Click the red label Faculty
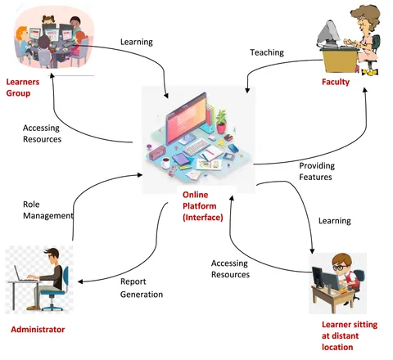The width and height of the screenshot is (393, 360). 336,82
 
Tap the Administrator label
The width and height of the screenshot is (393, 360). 38,330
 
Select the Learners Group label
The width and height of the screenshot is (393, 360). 23,88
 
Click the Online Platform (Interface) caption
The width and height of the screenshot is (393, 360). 203,206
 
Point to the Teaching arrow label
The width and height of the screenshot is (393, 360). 267,52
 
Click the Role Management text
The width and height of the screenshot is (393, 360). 48,210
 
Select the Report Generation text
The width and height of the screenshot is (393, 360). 142,288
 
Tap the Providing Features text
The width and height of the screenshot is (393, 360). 317,171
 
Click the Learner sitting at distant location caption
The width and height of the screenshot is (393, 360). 350,335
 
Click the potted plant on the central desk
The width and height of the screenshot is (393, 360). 221,121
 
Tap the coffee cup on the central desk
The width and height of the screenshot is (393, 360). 165,163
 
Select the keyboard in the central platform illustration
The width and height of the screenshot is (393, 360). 197,146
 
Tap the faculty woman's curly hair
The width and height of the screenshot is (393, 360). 368,16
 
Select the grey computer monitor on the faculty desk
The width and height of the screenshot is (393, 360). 328,34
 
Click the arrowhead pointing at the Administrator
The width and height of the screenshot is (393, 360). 80,281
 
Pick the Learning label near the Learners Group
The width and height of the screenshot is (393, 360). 137,42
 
